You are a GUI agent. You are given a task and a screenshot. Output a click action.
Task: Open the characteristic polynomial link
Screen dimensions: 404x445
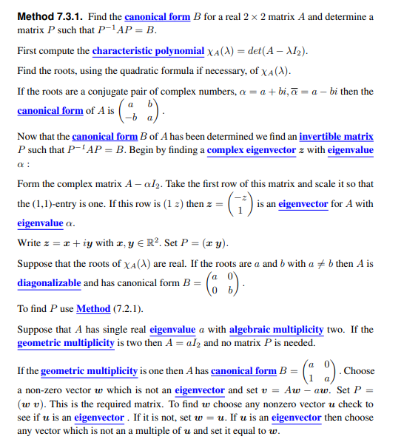[148, 52]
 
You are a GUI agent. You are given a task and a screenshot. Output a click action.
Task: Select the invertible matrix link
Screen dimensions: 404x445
[336, 137]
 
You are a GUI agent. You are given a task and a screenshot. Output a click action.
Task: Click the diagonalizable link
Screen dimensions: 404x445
[50, 283]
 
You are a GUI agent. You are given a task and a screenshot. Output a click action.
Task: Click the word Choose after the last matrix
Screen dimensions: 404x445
[360, 371]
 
